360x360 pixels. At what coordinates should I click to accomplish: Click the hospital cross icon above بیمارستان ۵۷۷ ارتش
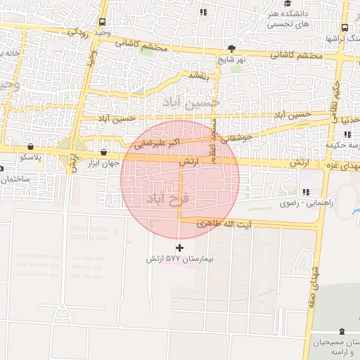[x=180, y=247]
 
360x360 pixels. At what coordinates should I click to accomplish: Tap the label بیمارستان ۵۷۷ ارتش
[x=179, y=259]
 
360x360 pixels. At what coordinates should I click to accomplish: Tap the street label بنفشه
[x=200, y=74]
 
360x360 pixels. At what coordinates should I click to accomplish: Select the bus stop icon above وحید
[x=103, y=22]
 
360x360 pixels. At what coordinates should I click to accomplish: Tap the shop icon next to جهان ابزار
[x=104, y=152]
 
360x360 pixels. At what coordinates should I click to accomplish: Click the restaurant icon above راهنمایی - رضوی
[x=306, y=192]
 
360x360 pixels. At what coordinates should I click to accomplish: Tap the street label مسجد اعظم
[x=213, y=137]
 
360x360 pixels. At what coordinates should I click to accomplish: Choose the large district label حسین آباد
[x=191, y=102]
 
